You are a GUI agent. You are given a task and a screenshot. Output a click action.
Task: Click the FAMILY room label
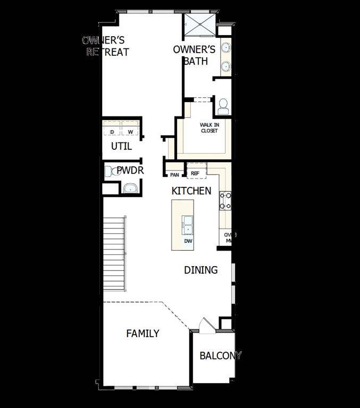click(x=143, y=334)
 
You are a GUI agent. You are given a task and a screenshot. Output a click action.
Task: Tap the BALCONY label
click(x=220, y=355)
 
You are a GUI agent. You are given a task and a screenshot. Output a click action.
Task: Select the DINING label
click(x=200, y=270)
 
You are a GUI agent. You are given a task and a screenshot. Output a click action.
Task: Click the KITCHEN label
click(x=191, y=191)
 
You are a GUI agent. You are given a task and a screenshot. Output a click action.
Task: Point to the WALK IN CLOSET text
click(x=209, y=128)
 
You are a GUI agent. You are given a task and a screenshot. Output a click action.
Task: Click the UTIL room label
click(x=121, y=146)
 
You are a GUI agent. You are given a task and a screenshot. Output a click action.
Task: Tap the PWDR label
click(x=130, y=171)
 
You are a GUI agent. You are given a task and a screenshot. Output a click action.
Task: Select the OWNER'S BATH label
click(x=194, y=55)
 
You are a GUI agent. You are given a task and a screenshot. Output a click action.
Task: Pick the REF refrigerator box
click(x=195, y=173)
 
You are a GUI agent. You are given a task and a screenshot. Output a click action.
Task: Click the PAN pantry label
click(x=174, y=174)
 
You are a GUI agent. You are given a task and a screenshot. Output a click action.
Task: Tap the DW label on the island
click(x=188, y=241)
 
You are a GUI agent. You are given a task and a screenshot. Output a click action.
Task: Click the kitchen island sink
click(x=188, y=225)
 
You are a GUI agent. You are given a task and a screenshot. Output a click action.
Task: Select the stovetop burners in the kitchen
click(x=225, y=200)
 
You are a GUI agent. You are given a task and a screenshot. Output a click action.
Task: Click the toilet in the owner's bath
click(x=223, y=107)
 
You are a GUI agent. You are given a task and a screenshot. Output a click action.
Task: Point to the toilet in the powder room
click(x=111, y=172)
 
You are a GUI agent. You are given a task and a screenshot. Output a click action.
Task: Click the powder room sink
click(x=130, y=188)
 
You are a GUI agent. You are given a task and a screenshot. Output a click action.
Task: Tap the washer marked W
click(x=130, y=132)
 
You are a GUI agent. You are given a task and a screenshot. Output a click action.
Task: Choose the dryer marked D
click(x=112, y=132)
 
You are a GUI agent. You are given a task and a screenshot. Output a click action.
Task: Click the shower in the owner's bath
click(x=199, y=24)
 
